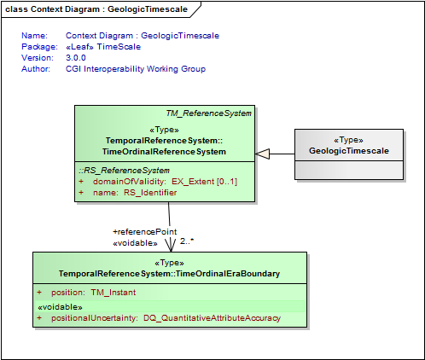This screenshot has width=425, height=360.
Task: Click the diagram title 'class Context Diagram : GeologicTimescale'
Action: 96,9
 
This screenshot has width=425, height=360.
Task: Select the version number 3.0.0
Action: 76,58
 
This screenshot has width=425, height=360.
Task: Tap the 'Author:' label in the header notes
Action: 36,69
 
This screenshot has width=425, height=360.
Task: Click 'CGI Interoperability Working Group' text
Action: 136,69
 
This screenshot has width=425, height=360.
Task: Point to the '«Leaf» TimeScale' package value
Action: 103,47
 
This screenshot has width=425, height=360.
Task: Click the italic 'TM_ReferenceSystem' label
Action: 209,113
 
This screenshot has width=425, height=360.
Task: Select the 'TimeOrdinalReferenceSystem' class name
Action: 164,152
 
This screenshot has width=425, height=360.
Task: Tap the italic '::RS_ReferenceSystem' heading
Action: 124,171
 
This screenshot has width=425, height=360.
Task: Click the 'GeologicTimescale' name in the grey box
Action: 349,151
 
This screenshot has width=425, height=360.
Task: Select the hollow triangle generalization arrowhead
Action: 262,154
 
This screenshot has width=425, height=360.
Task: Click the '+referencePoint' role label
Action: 145,232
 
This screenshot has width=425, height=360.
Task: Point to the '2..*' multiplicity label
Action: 187,241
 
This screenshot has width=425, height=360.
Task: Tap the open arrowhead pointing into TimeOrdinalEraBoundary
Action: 171,245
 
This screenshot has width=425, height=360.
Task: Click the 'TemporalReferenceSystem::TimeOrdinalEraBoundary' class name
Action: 169,274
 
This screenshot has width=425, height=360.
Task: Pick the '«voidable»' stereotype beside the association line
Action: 135,243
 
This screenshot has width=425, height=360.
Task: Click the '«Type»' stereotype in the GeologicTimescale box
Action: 349,140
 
